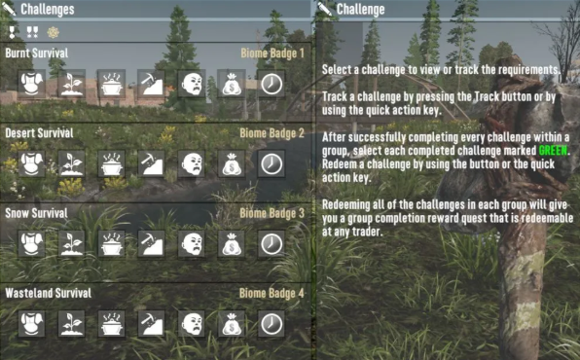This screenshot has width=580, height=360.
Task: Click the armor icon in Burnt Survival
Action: coord(31,84)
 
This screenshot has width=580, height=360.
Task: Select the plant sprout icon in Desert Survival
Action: coord(71,163)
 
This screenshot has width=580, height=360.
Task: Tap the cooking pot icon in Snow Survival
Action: coord(111,243)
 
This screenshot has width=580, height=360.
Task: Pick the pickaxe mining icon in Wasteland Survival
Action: coord(151,324)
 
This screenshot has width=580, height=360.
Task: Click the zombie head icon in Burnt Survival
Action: coord(192,84)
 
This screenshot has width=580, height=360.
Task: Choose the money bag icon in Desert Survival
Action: coord(232,163)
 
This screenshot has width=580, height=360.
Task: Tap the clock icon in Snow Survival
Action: coord(272,243)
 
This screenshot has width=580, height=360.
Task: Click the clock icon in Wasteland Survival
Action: coord(272,324)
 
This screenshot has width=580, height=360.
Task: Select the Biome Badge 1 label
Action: coord(272,54)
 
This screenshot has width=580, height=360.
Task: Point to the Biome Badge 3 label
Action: coord(272,213)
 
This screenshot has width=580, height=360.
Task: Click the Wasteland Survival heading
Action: coord(48,293)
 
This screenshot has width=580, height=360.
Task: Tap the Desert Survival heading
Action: coord(39,133)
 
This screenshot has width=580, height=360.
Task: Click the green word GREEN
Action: coord(553,151)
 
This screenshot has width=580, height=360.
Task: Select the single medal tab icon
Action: coord(12,32)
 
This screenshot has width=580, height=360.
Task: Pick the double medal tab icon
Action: coord(32,32)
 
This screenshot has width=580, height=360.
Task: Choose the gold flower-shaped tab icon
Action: coord(54,32)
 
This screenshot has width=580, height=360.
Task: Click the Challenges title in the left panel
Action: coord(48,10)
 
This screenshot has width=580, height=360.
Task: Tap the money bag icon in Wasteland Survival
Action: coord(232,324)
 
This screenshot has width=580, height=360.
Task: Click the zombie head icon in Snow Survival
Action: coord(192,243)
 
